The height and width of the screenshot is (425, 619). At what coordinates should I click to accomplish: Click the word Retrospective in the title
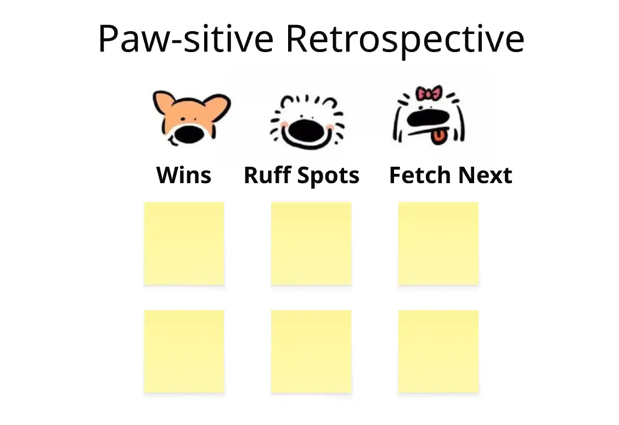(x=405, y=39)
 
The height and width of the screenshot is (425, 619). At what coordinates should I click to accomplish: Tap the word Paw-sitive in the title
(x=185, y=39)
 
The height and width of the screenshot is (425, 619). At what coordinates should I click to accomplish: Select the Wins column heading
(x=184, y=175)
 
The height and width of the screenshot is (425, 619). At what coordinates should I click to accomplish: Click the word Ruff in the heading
(x=267, y=175)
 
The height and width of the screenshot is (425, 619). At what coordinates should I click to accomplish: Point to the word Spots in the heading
(x=328, y=175)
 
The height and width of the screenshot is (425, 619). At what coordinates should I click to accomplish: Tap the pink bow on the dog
(x=429, y=94)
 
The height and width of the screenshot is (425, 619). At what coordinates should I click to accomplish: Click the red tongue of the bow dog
(x=438, y=137)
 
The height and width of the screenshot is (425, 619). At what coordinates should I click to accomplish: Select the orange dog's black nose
(x=189, y=134)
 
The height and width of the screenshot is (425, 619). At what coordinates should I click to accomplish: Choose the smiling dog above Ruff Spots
(x=307, y=122)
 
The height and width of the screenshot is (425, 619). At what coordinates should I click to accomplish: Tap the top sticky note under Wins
(x=184, y=243)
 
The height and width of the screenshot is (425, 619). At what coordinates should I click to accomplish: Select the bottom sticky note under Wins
(x=184, y=351)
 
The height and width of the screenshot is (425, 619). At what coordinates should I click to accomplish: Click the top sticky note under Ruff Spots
(x=311, y=243)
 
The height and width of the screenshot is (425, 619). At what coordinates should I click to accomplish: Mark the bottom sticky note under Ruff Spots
(x=311, y=351)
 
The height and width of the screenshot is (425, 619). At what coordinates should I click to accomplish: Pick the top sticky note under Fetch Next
(x=438, y=243)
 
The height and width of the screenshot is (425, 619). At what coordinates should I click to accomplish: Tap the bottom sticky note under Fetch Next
(x=438, y=351)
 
